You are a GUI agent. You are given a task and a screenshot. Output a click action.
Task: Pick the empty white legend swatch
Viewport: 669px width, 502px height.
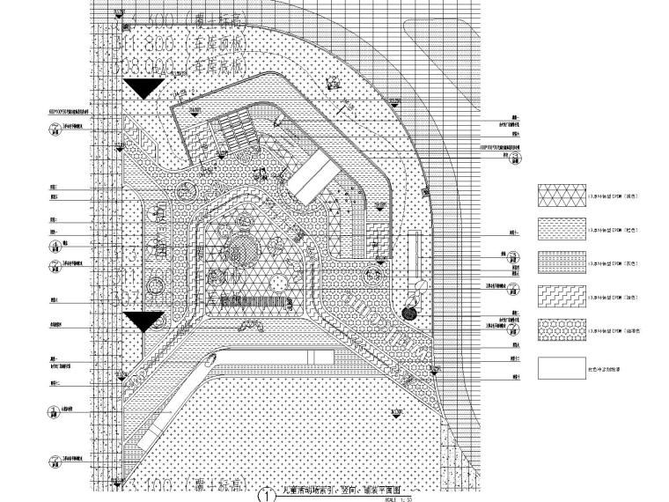560,364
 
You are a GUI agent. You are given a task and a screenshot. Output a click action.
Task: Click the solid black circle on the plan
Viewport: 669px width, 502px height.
410,312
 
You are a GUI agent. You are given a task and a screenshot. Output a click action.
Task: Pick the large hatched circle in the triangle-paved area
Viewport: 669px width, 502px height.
242,249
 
